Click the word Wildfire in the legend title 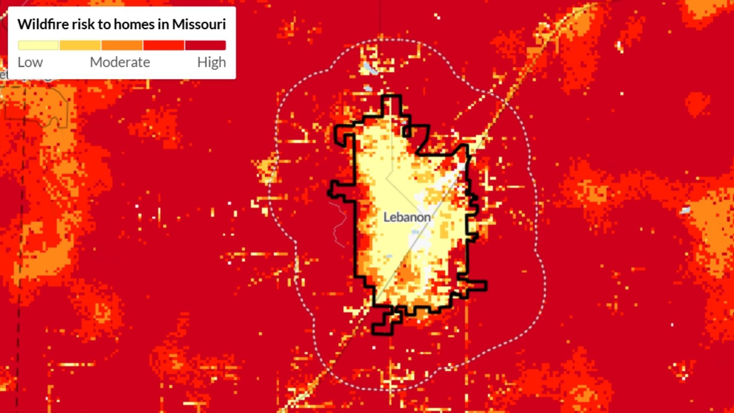click(43, 24)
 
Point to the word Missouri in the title click(199, 24)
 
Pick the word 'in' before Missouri click(163, 24)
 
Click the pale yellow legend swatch click(38, 46)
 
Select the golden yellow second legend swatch click(80, 46)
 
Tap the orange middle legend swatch click(122, 46)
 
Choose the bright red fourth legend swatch click(164, 46)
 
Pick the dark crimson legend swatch click(206, 46)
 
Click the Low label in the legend click(30, 62)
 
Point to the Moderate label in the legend click(120, 62)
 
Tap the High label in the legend click(211, 62)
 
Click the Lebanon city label click(407, 217)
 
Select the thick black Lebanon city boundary click(356, 229)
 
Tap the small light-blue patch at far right click(685, 210)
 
